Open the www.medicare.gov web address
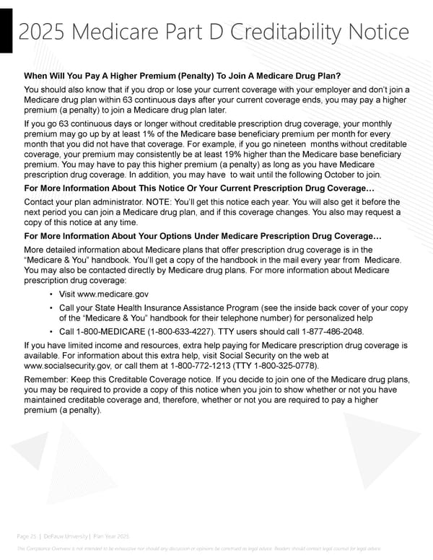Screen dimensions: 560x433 coord(115,294)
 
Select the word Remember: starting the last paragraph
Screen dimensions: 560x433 coord(48,379)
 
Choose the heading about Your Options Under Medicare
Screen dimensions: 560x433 coord(199,236)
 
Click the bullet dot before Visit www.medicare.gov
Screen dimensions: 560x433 coord(52,294)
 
